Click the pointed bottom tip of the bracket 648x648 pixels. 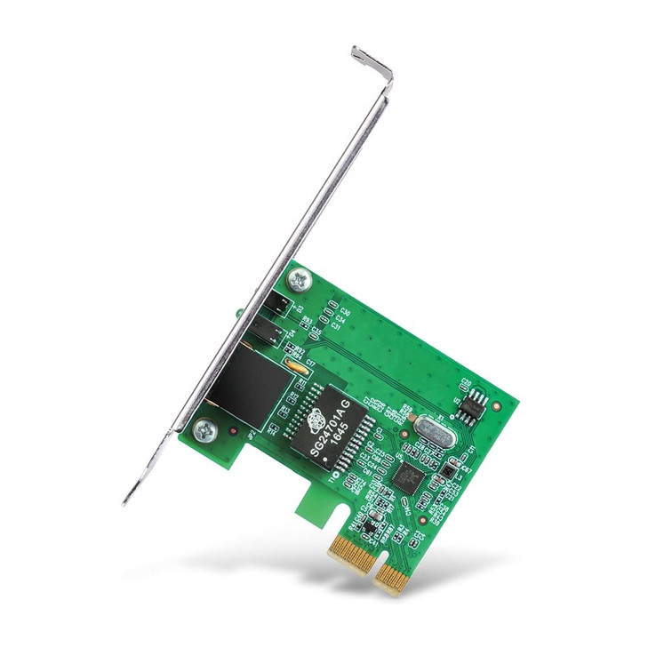tap(126, 502)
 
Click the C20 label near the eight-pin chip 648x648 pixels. tap(465, 383)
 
